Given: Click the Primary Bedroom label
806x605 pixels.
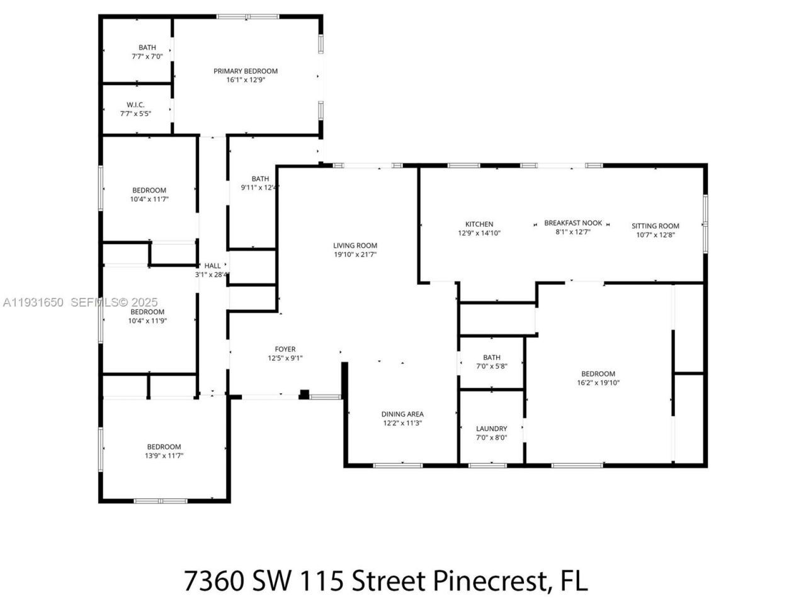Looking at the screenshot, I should (x=245, y=71).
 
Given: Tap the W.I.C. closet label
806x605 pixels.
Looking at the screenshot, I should (x=135, y=105).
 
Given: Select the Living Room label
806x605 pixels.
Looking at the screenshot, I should (x=355, y=246).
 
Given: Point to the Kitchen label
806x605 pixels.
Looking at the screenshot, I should (x=479, y=224).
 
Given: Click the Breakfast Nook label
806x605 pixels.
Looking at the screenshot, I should (x=573, y=223).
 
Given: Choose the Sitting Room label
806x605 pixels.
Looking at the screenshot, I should (x=656, y=226).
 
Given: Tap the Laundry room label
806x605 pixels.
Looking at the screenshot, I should (x=491, y=429).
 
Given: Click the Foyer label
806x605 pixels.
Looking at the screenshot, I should (x=285, y=349).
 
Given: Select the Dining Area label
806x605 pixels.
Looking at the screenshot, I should (x=402, y=414).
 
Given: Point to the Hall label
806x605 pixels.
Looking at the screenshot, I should (x=212, y=266).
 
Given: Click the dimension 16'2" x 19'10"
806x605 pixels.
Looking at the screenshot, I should (x=598, y=383).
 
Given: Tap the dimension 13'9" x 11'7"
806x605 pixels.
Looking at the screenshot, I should (x=164, y=456).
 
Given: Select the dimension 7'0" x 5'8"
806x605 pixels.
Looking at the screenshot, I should (x=491, y=366).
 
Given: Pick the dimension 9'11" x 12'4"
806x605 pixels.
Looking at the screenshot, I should (x=259, y=187).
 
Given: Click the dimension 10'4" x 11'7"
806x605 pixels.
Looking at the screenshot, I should (x=149, y=199).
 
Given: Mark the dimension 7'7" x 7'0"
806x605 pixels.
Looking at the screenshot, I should (x=147, y=56).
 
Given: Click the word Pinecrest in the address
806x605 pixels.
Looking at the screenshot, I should (x=488, y=580).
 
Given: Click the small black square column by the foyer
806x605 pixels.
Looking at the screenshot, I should (x=304, y=395).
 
